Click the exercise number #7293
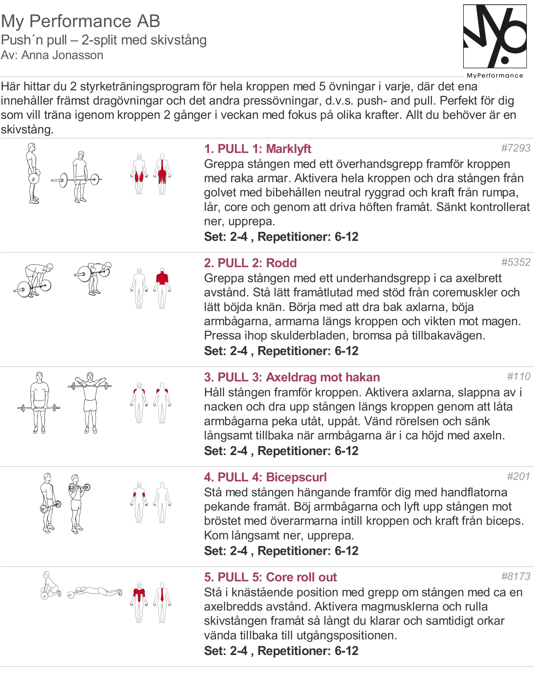(515, 148)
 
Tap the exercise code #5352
(515, 262)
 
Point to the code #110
(518, 376)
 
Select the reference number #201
(518, 476)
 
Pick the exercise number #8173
(515, 576)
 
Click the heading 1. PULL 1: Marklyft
(257, 149)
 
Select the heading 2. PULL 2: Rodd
(250, 263)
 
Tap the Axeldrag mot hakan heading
(292, 377)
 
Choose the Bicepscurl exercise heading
(265, 477)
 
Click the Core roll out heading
(270, 577)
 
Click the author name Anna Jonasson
(62, 55)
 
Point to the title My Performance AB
(80, 21)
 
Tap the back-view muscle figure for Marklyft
(162, 174)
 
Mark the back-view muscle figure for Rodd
(162, 288)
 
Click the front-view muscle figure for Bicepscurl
(139, 502)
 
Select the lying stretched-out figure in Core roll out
(95, 592)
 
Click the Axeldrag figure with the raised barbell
(90, 402)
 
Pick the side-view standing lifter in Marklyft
(33, 173)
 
